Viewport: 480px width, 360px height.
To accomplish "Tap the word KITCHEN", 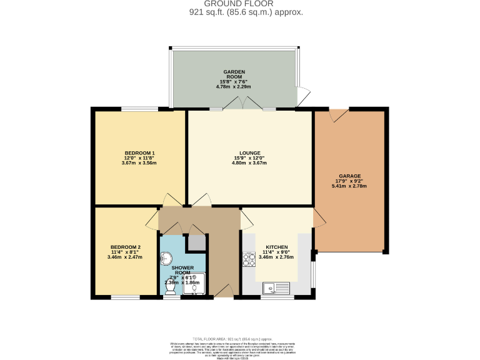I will (x=276, y=247).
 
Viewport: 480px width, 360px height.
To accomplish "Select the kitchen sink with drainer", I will (x=276, y=288).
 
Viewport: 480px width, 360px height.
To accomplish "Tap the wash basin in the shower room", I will (x=167, y=257).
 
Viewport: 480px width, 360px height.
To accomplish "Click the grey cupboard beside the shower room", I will (x=196, y=242).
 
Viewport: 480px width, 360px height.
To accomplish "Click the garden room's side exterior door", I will (x=303, y=97).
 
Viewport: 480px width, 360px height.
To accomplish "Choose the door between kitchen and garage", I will (x=319, y=218).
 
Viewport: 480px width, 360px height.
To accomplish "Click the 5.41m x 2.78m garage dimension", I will (x=349, y=186).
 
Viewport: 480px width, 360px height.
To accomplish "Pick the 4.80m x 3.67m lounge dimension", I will (x=250, y=163).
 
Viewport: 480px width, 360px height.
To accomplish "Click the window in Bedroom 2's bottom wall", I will (x=126, y=296).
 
